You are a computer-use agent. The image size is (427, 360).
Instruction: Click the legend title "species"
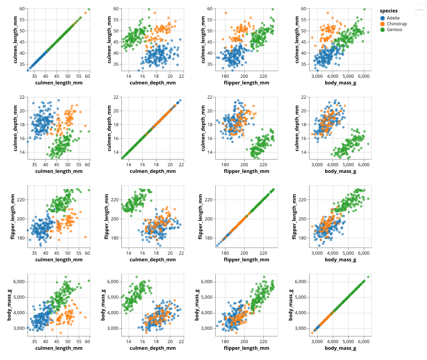coord(388,11)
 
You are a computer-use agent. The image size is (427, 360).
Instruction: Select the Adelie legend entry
coord(394,18)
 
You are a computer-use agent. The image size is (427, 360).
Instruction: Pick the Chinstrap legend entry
coord(397,24)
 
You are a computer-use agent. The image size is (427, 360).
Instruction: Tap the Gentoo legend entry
coord(395,30)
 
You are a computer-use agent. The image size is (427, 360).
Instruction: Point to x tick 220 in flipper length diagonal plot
coord(263,253)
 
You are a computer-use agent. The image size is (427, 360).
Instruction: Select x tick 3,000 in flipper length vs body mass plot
coord(317,253)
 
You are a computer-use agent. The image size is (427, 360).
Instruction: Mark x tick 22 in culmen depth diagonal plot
coord(181,164)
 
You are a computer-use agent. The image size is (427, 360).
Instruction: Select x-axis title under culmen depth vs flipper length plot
coord(246,171)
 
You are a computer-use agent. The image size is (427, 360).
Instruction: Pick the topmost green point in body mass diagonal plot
coord(368,277)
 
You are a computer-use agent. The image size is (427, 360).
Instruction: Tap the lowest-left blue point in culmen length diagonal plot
coord(28,70)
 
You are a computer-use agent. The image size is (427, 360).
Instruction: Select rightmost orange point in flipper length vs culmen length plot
coord(85,237)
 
